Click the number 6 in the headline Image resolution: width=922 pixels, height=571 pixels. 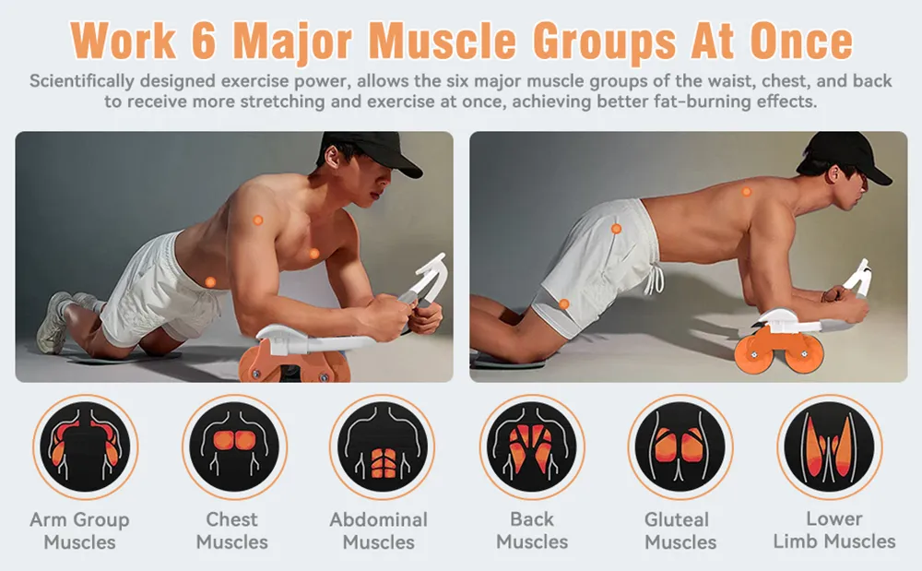pos(204,41)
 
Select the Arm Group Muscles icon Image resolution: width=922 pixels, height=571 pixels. pos(85,446)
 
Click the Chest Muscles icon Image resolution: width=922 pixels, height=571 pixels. pos(234,446)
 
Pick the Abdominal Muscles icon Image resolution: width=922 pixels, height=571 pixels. pos(383,446)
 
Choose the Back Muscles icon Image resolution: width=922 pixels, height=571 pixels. pos(532,446)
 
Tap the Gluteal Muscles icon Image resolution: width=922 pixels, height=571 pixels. pos(680,446)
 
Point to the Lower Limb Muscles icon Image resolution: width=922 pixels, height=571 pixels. pos(830,446)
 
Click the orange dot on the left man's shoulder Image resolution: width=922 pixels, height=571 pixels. pos(257,220)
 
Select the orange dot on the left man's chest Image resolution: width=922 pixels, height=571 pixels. pos(314,254)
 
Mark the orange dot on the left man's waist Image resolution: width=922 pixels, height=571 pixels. pos(210,282)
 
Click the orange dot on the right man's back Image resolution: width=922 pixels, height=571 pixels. pos(746,192)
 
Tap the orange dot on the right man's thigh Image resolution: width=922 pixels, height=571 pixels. pos(564,304)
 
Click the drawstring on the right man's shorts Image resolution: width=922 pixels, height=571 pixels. pos(655,279)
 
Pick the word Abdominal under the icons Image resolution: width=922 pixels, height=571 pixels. pos(379,519)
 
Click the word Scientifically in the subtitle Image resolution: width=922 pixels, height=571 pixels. pos(82,81)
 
